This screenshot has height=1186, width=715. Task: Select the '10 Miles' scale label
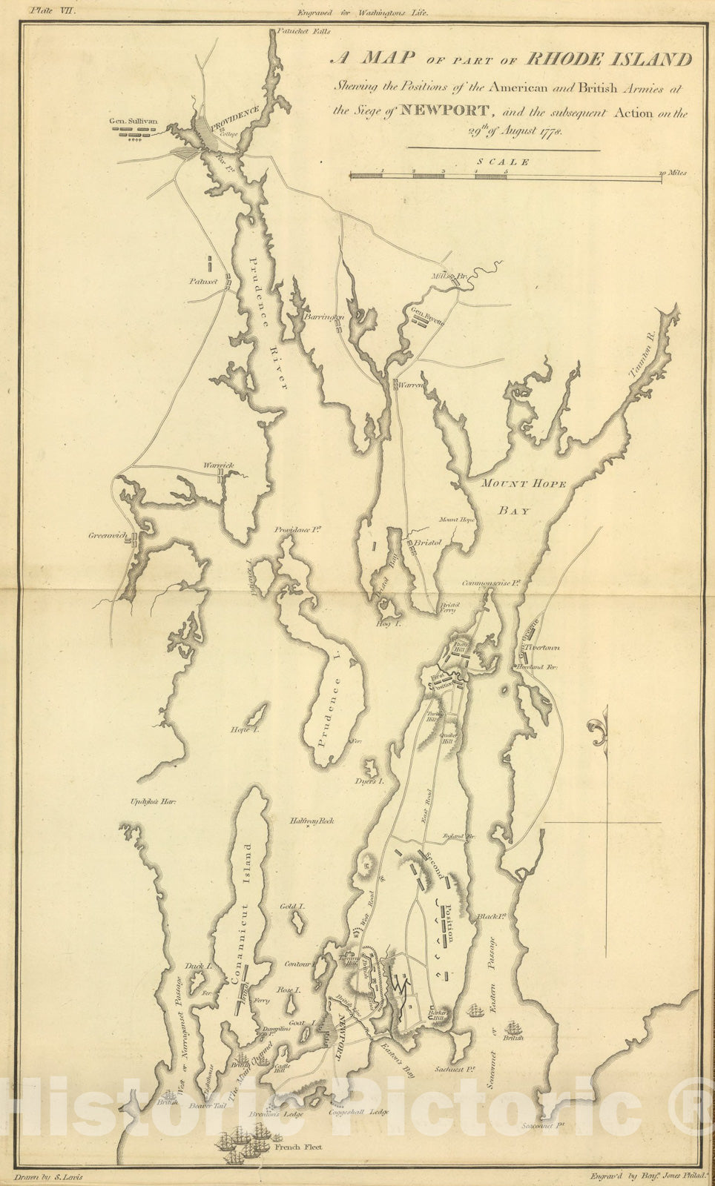[673, 173]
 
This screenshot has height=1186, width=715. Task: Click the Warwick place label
[219, 466]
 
